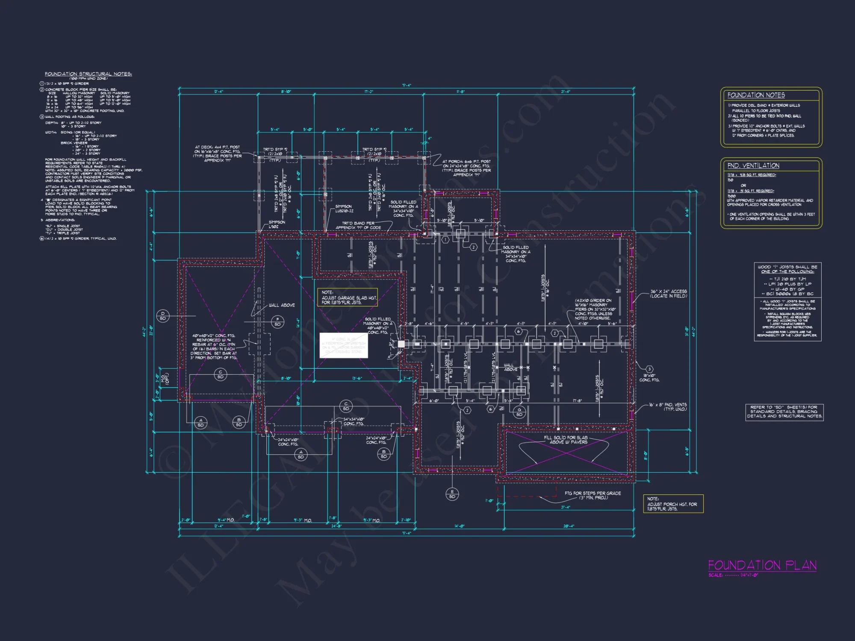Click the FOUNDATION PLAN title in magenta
[762, 565]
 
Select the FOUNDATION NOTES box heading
[756, 95]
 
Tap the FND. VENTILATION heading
[753, 166]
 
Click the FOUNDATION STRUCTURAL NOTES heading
[88, 74]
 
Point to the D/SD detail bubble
[162, 316]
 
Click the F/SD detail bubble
[277, 322]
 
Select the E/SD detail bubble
[452, 494]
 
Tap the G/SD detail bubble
[519, 412]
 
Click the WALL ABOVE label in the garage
[281, 305]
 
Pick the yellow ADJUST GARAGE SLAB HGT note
[347, 297]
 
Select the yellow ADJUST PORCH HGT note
[673, 504]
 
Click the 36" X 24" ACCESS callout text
[668, 294]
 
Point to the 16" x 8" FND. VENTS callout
[668, 407]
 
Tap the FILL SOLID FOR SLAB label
[566, 440]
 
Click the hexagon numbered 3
[649, 369]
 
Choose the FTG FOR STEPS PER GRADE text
[593, 495]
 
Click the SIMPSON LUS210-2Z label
[344, 209]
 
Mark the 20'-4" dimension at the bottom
[569, 526]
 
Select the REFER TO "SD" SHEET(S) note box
[784, 412]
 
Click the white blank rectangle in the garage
[344, 345]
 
